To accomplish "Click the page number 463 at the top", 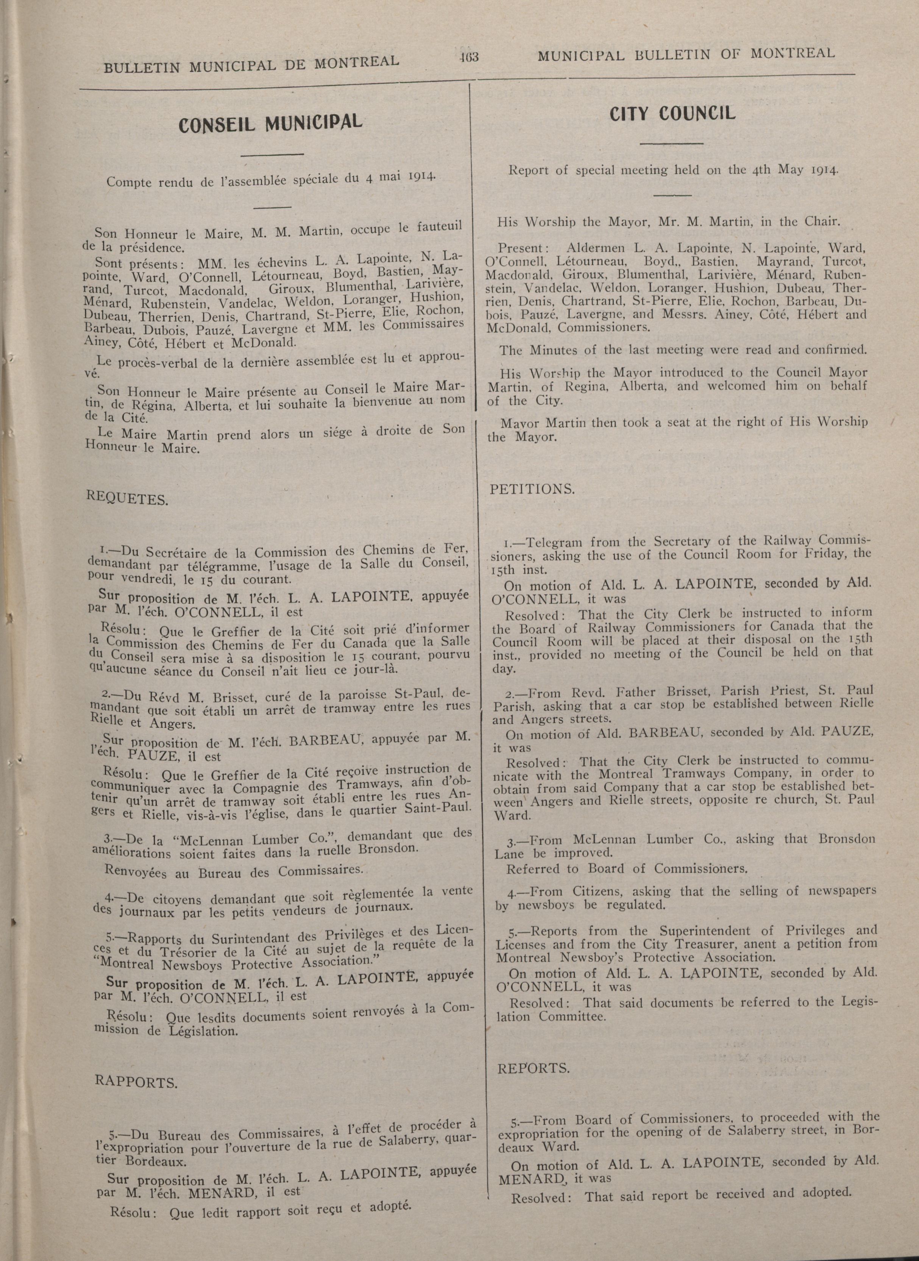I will [x=469, y=57].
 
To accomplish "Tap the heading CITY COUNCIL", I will [x=672, y=114].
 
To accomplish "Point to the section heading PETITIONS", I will [x=532, y=490].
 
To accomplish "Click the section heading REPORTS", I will [x=533, y=1069].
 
